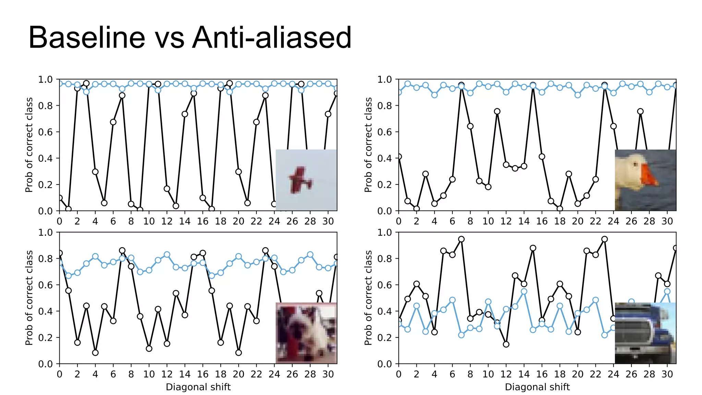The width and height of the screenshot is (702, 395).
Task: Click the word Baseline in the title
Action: click(87, 38)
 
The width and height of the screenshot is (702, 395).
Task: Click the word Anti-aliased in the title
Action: click(271, 38)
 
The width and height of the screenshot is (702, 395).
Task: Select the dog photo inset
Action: click(306, 333)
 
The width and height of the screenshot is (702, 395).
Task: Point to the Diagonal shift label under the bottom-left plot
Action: click(198, 387)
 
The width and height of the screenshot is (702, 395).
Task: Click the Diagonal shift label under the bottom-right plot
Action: click(537, 387)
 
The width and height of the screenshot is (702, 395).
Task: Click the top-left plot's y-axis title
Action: click(29, 145)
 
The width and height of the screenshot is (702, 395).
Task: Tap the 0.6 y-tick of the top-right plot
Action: click(384, 132)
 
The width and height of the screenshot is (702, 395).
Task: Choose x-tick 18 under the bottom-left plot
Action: click(220, 374)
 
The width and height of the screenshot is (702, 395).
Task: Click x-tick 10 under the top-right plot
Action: click(488, 221)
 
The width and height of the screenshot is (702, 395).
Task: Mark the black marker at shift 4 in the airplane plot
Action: click(95, 172)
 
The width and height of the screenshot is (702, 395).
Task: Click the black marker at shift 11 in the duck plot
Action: click(497, 111)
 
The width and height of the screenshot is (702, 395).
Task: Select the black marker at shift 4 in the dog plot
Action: click(95, 352)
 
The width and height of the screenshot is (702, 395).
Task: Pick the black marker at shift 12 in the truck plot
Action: click(506, 344)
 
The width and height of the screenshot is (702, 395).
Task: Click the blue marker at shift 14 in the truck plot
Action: click(524, 291)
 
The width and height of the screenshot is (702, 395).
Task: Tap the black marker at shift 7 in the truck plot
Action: click(461, 239)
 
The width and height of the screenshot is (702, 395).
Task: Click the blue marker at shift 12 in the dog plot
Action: click(167, 254)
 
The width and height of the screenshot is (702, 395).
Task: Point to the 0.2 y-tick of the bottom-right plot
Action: click(384, 338)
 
